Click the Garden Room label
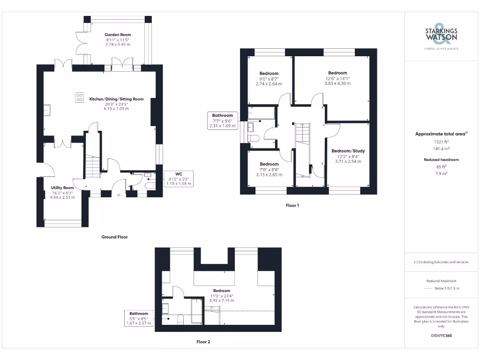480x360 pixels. [x=118, y=35]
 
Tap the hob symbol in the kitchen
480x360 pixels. [x=79, y=97]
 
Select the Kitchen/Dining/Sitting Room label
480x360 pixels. [x=116, y=99]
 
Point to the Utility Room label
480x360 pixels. [x=62, y=187]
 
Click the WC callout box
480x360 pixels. [x=179, y=179]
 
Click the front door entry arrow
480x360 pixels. [x=118, y=195]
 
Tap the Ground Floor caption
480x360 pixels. [x=114, y=237]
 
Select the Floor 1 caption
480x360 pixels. [x=292, y=205]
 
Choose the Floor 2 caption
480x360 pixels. [x=203, y=342]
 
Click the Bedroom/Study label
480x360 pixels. [x=348, y=151]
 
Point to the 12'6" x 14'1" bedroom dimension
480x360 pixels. [x=337, y=78]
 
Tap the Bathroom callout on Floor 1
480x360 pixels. [x=223, y=120]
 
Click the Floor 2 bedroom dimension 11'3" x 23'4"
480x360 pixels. [x=222, y=296]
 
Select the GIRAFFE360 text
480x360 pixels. [x=441, y=336]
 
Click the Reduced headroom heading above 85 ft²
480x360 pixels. [x=441, y=160]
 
